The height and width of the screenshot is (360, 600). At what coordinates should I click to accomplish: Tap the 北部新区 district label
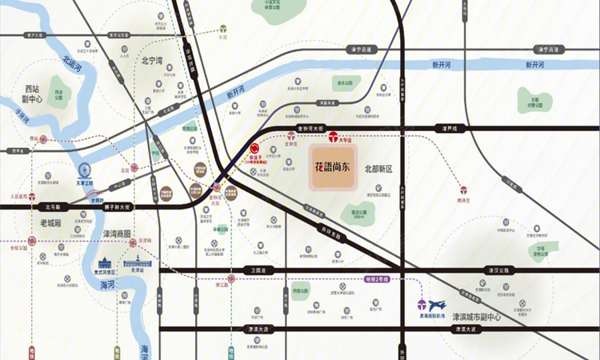click(382, 169)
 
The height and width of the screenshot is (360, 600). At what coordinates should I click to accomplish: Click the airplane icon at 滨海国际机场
click(441, 305)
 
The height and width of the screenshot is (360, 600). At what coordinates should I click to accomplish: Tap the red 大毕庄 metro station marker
click(333, 136)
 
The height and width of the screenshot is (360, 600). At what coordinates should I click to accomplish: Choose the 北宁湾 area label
click(152, 60)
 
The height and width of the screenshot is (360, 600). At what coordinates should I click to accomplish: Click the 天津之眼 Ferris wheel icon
click(85, 171)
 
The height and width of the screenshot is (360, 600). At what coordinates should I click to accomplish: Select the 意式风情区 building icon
click(104, 263)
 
